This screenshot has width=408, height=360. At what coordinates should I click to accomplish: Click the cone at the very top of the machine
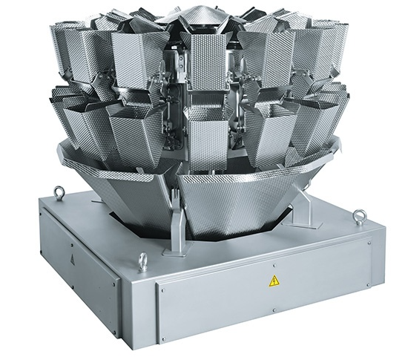[x=200, y=12]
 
